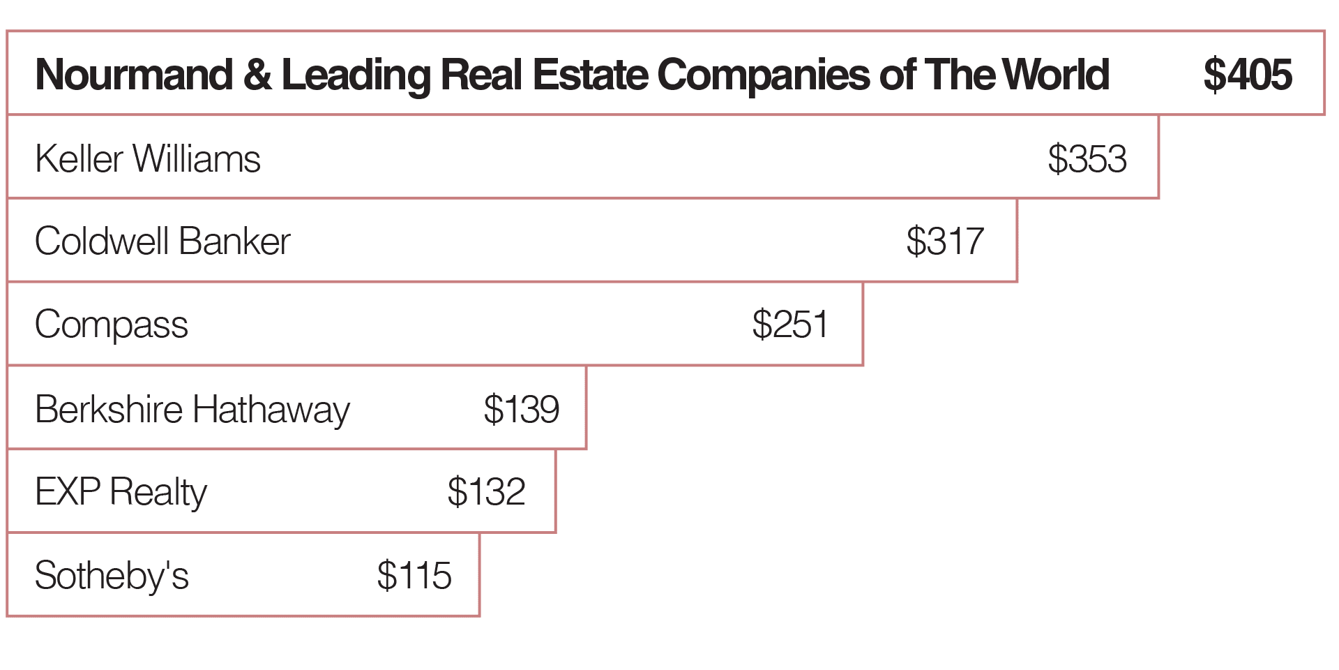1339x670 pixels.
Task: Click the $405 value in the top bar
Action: [1248, 75]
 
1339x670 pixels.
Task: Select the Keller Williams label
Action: [148, 158]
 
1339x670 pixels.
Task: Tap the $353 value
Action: [1087, 158]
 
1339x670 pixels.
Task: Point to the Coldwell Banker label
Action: [162, 241]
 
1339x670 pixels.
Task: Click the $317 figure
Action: [945, 241]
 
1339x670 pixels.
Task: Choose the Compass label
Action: [112, 325]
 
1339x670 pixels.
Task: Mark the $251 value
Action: [790, 325]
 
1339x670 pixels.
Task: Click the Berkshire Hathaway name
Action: [192, 409]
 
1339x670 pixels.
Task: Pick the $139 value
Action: [522, 409]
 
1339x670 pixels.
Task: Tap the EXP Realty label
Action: [121, 492]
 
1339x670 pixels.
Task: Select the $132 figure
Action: [486, 492]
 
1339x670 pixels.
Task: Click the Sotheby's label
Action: [112, 576]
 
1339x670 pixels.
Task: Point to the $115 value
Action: [414, 576]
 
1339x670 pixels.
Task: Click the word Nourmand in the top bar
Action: [134, 75]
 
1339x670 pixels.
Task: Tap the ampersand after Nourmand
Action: [257, 75]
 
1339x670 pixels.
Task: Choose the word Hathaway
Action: [271, 410]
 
